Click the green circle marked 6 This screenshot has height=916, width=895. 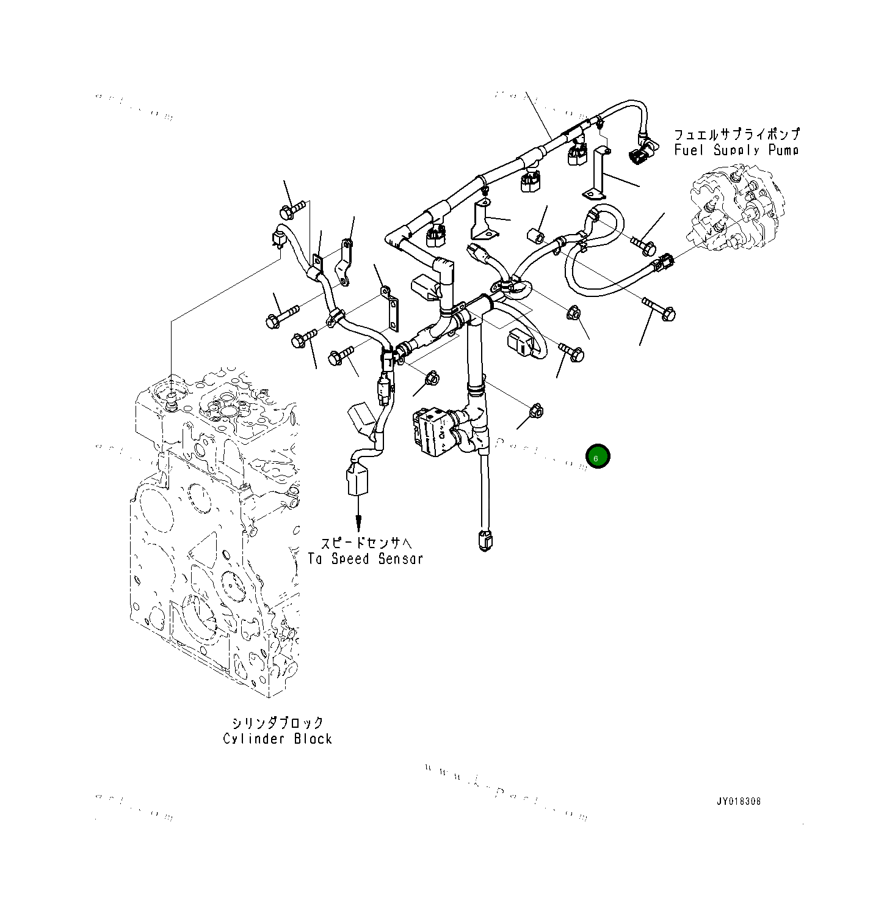pyautogui.click(x=598, y=456)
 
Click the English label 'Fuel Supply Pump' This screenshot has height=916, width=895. pyautogui.click(x=736, y=150)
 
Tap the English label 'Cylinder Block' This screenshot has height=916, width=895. pyautogui.click(x=277, y=739)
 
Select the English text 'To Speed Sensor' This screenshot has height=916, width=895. pyautogui.click(x=365, y=559)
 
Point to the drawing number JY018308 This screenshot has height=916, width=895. pyautogui.click(x=739, y=801)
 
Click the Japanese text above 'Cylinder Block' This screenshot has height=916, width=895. pyautogui.click(x=278, y=723)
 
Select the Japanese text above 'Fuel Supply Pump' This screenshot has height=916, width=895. pyautogui.click(x=736, y=134)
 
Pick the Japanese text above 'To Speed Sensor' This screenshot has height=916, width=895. pyautogui.click(x=366, y=543)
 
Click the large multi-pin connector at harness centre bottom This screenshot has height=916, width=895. pyautogui.click(x=435, y=432)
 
